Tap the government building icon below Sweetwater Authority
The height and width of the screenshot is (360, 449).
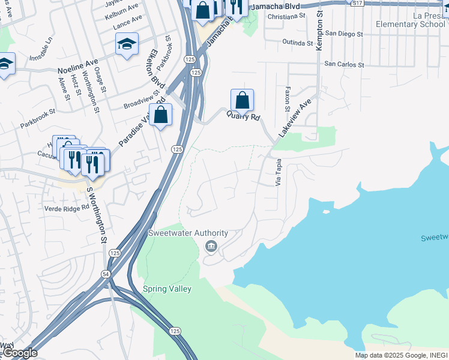coord(211,246)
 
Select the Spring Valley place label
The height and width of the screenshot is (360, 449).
coord(167,289)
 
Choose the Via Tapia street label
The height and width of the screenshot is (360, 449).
coord(279,173)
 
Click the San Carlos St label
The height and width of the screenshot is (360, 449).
coord(344,64)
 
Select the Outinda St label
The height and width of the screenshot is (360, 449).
coord(298,43)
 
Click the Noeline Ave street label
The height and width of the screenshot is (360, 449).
coord(77,66)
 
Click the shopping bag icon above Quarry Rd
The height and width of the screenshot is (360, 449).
coord(242,100)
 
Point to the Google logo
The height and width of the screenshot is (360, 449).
coord(20,353)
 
